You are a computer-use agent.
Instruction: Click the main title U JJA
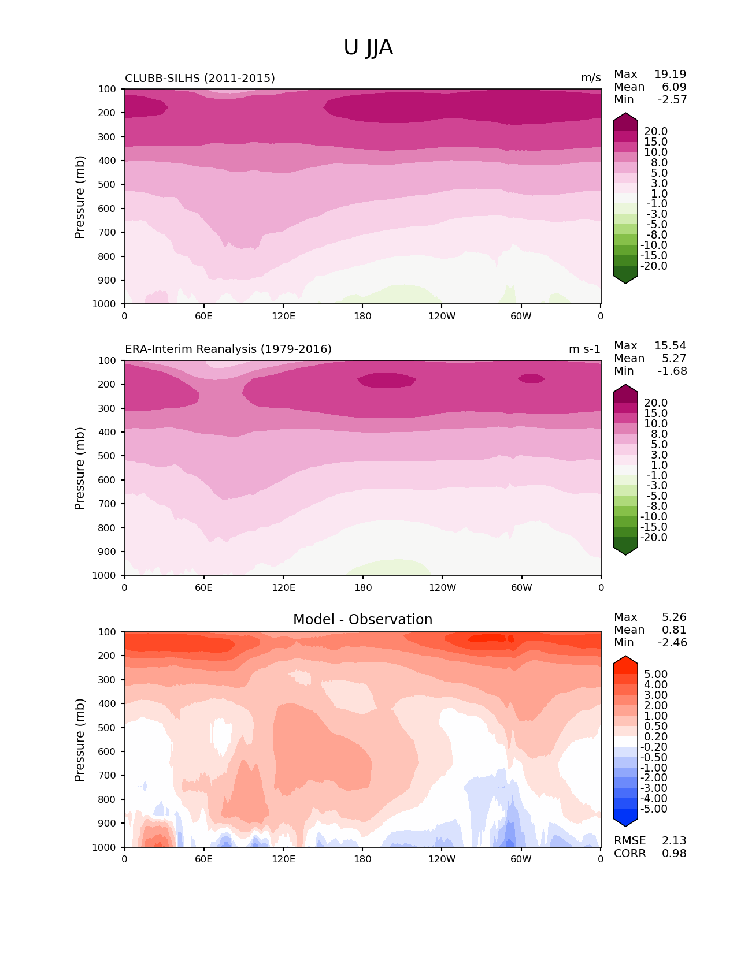coord(368,47)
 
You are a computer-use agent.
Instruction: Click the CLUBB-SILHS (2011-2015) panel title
coord(200,78)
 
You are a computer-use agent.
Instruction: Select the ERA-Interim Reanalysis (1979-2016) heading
coord(228,349)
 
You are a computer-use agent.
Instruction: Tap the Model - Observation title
coord(362,620)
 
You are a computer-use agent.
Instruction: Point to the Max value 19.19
coord(670,74)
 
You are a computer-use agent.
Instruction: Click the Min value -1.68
coord(672,371)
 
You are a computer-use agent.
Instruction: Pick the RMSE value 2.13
coord(674,840)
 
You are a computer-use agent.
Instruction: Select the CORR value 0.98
coord(674,853)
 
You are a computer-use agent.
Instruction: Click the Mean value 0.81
coord(674,630)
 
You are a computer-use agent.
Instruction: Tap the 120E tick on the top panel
coord(283,316)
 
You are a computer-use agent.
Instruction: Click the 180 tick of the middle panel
coord(362,587)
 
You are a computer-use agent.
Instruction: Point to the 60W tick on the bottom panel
coord(521,859)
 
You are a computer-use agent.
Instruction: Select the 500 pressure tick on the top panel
coord(108,184)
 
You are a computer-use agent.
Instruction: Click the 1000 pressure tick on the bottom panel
coord(104,847)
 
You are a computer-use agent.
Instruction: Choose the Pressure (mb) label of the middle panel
coord(80,468)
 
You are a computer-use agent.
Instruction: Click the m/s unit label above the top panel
coord(591,78)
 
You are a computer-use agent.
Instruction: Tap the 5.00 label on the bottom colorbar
coord(655,674)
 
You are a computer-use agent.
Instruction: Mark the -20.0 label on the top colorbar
coord(655,266)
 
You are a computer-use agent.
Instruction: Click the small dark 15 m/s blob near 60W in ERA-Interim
coord(531,378)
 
